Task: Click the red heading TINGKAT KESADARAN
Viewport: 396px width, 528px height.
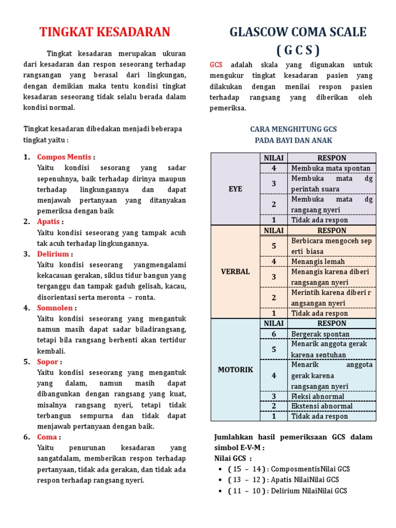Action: click(105, 32)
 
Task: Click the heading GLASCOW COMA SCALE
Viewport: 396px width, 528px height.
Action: click(298, 32)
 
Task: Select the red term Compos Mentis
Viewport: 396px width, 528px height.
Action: click(64, 157)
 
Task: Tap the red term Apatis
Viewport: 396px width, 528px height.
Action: click(48, 222)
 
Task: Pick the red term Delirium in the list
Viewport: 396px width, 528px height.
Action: click(53, 254)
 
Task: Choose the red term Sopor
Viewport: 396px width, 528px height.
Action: click(47, 362)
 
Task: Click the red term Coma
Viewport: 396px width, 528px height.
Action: click(47, 437)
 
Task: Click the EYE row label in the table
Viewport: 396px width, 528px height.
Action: click(235, 189)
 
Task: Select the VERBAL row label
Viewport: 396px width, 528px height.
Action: click(235, 272)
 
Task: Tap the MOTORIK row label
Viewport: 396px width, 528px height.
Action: click(235, 370)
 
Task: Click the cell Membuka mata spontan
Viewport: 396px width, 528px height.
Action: click(331, 169)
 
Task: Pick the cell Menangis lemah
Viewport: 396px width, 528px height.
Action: click(318, 261)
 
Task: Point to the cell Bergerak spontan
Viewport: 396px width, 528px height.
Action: click(320, 334)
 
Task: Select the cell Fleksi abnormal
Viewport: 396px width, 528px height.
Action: click(318, 397)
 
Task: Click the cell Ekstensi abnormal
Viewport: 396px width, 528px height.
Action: click(322, 406)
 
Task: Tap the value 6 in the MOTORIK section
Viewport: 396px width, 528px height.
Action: click(274, 334)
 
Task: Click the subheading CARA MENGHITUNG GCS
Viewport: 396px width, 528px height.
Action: click(293, 129)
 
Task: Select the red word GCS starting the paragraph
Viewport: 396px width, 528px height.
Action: click(216, 65)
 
